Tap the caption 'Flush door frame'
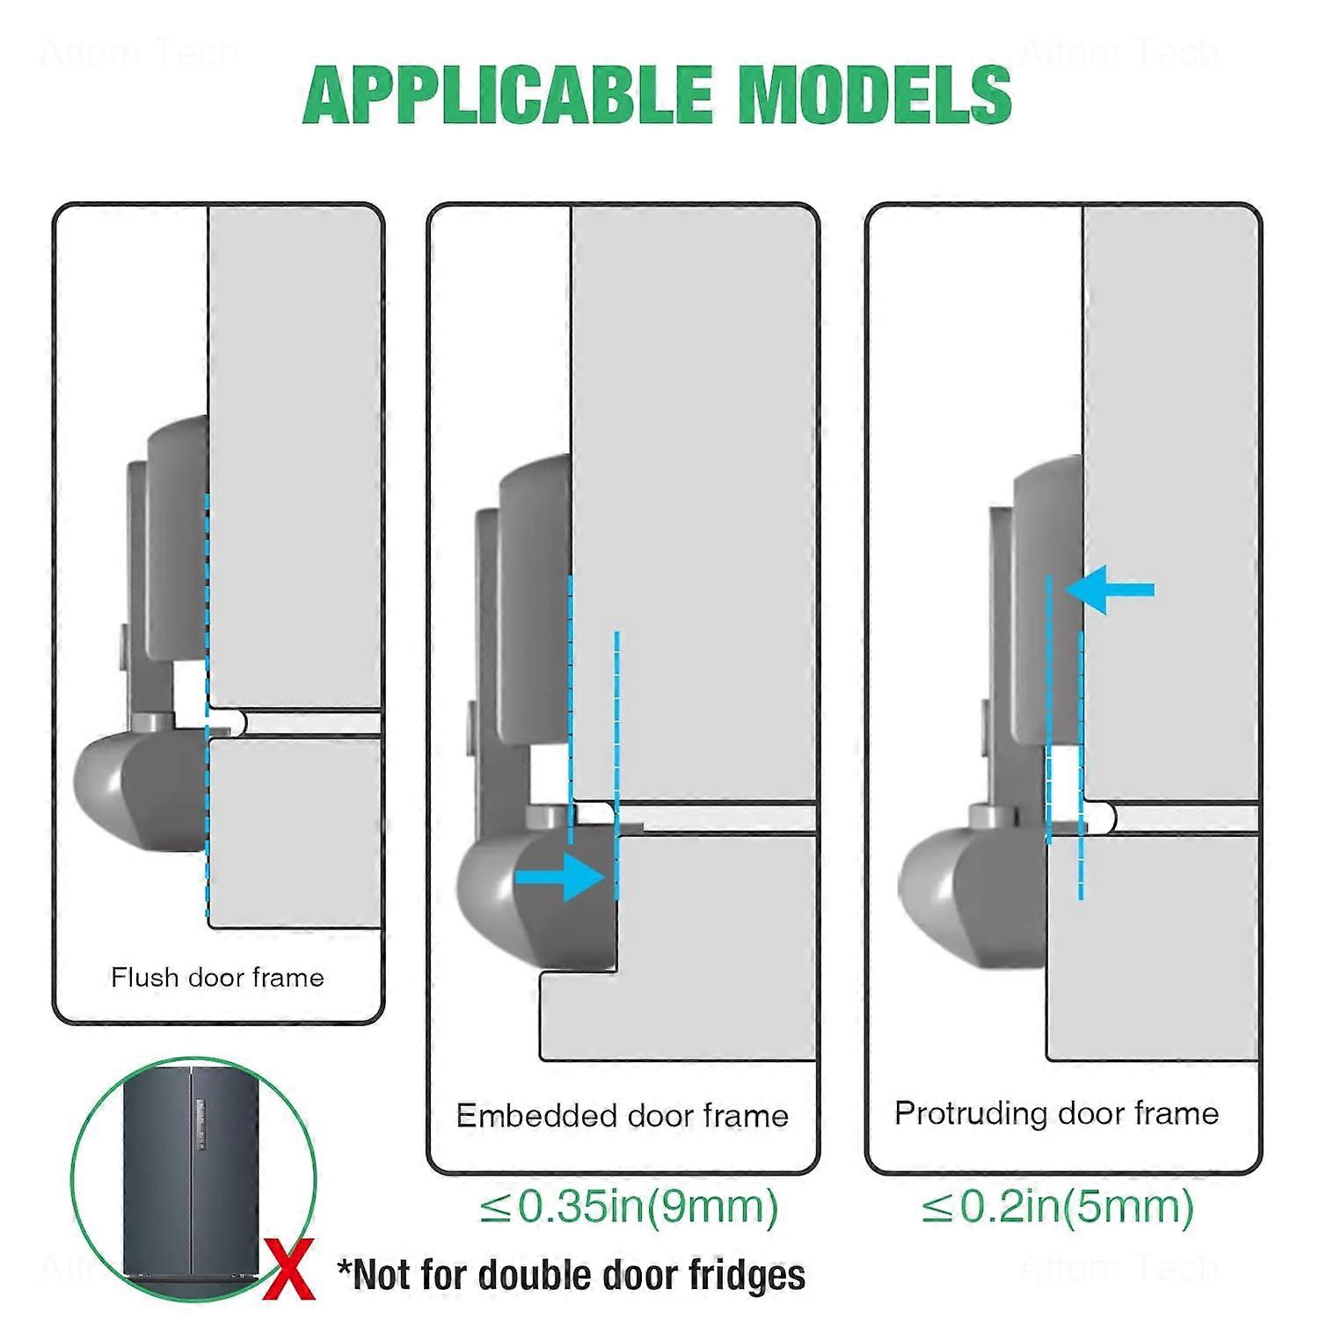point(217,977)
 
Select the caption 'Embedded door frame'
point(622,1116)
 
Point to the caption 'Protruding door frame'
point(1056,1113)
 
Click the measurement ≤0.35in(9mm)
point(629,1206)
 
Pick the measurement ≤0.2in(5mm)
point(1058,1206)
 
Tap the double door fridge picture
point(192,1178)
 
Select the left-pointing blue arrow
point(1109,589)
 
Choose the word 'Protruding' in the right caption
point(962,1113)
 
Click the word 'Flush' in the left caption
point(142,977)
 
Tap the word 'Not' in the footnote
point(381,1275)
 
